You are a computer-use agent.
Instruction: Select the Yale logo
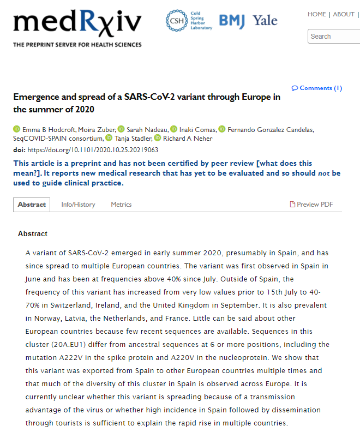pyautogui.click(x=265, y=21)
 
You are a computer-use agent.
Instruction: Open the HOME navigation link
pyautogui.click(x=317, y=14)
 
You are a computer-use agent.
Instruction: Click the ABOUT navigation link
pyautogui.click(x=344, y=14)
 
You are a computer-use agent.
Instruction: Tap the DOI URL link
pyautogui.click(x=93, y=149)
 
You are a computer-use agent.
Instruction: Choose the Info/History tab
pyautogui.click(x=78, y=205)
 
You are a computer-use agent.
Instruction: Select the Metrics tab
pyautogui.click(x=121, y=205)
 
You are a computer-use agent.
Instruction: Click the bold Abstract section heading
pyautogui.click(x=33, y=233)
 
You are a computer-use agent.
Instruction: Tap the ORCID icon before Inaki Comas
pyautogui.click(x=174, y=129)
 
